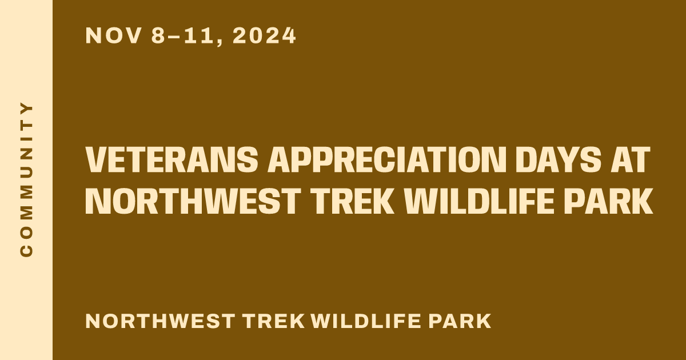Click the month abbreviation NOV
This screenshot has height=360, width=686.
coord(113,36)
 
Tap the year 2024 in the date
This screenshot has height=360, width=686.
coord(264,36)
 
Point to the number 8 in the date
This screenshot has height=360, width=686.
coord(158,36)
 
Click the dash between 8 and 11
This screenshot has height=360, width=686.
coord(174,37)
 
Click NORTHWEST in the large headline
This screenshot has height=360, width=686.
coord(192,201)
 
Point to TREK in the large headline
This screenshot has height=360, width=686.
coord(352,201)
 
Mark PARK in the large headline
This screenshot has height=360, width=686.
coord(609,201)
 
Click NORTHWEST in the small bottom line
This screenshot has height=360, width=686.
coord(159,321)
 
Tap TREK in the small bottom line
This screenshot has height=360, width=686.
coord(273,321)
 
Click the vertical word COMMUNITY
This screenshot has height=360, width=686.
coord(26,179)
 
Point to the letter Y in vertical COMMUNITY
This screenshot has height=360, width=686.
coord(26,109)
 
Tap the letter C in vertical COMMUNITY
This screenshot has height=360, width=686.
coord(26,250)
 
